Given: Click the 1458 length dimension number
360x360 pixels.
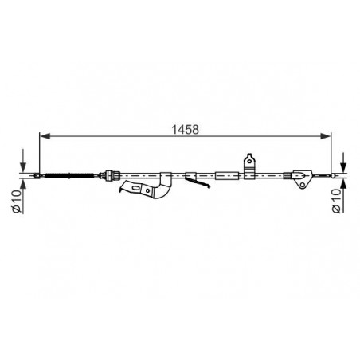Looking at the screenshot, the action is click(186, 130).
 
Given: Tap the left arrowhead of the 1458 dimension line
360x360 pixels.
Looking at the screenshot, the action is click(45, 136).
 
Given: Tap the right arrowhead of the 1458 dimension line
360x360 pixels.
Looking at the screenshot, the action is click(326, 136).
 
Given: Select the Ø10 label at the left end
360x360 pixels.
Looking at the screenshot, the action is click(17, 202).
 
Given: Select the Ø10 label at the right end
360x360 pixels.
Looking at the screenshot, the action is click(336, 201).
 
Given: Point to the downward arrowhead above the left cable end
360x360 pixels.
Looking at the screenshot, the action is click(23, 167).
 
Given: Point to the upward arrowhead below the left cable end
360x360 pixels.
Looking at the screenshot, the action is click(23, 183).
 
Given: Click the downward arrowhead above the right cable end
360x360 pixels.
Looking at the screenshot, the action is click(343, 167).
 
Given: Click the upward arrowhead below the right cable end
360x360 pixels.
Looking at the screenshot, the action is click(343, 183).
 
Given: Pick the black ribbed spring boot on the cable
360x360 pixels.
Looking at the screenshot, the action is click(69, 175).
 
